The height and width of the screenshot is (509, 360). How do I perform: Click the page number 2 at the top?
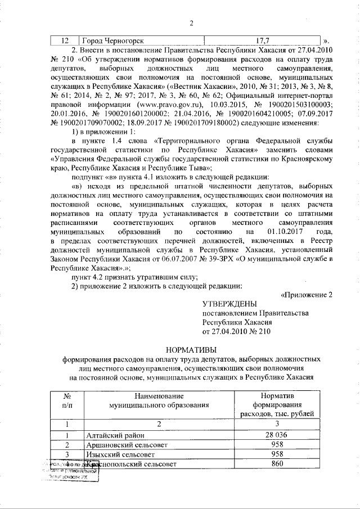pos(191,23)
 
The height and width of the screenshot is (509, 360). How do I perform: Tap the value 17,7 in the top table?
pos(263,41)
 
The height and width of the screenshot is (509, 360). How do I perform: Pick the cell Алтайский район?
pos(115,435)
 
